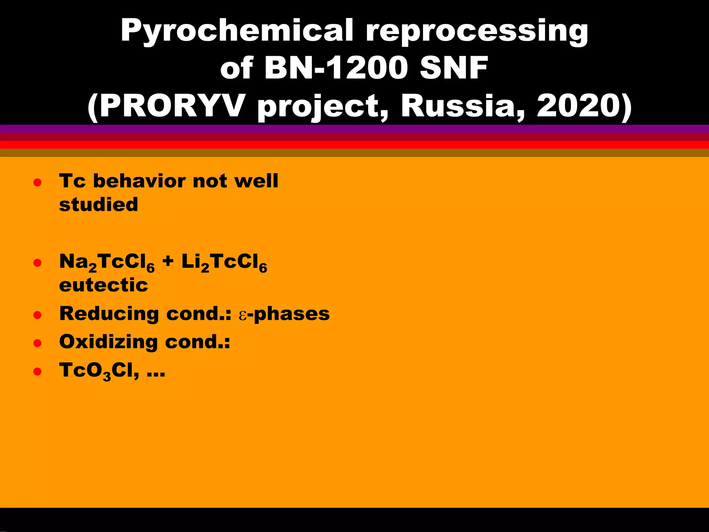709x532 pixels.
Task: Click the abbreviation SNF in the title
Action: [x=454, y=68]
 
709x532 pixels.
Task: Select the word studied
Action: [x=99, y=204]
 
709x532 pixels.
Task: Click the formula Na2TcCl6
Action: [x=107, y=263]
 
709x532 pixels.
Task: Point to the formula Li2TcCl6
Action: [x=224, y=263]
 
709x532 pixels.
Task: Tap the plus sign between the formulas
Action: [x=168, y=261]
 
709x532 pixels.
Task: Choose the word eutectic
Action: [x=104, y=285]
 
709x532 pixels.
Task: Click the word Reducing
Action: [x=109, y=314]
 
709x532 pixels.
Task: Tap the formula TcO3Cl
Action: [x=99, y=371]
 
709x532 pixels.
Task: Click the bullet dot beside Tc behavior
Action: [x=37, y=183]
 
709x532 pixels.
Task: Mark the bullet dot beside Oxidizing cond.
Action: [x=37, y=343]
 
